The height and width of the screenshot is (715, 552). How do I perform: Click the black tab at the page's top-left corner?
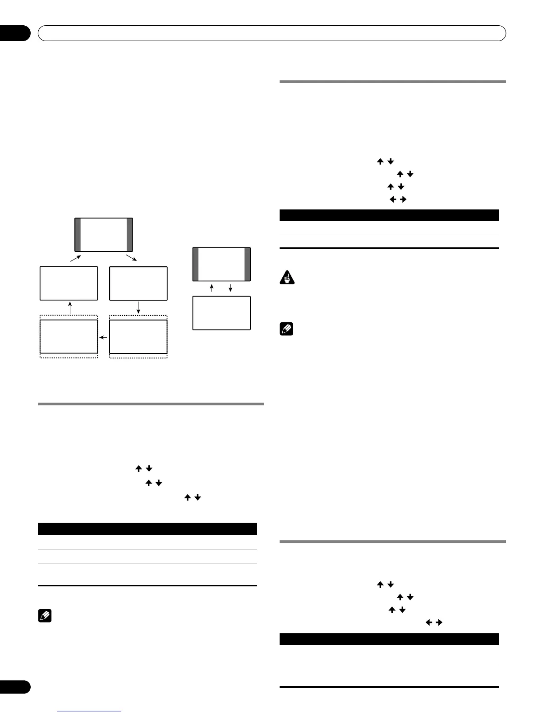14,33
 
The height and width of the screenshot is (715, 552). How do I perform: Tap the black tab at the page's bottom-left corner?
14,687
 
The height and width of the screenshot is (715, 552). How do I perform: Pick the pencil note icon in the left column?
45,616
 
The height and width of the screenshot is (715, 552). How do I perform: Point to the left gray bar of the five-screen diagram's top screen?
78,235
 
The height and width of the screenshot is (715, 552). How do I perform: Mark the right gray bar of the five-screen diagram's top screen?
130,235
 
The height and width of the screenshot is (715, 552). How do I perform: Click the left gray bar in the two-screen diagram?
196,265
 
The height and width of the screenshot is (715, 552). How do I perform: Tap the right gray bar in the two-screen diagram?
247,265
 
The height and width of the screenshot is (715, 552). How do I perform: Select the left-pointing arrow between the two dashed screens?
104,337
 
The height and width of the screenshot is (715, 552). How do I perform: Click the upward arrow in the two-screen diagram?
212,288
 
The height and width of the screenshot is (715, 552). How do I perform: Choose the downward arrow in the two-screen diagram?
230,288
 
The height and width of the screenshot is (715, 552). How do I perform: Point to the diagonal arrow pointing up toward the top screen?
75,258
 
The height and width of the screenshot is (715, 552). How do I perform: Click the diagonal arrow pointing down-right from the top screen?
132,258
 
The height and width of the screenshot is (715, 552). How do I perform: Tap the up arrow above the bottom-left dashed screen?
69,307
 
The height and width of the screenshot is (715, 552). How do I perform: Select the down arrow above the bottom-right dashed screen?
138,307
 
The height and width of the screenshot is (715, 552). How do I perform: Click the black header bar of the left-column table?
147,529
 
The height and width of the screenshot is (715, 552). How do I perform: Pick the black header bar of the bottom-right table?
389,639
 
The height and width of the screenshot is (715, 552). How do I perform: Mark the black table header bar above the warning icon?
389,215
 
